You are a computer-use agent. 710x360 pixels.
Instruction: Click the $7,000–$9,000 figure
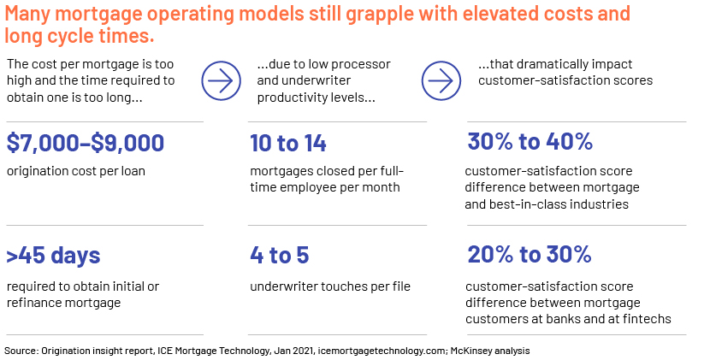tap(86, 143)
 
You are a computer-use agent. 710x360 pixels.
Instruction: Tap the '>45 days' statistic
tap(53, 256)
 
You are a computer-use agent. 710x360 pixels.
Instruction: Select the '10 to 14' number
tap(288, 143)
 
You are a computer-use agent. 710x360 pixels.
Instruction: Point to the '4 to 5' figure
tap(280, 255)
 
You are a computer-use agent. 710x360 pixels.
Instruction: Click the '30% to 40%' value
tap(530, 141)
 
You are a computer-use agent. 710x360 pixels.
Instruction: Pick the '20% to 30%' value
tap(530, 254)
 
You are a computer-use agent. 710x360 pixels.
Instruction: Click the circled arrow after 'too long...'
tap(221, 80)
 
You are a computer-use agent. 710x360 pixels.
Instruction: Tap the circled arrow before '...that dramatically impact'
tap(441, 80)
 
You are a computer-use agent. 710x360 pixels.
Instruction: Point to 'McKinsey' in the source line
tap(470, 351)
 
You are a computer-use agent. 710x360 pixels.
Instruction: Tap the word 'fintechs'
tap(647, 319)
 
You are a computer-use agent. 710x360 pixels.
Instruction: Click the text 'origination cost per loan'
tap(76, 172)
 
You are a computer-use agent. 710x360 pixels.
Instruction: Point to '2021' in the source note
tap(303, 351)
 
